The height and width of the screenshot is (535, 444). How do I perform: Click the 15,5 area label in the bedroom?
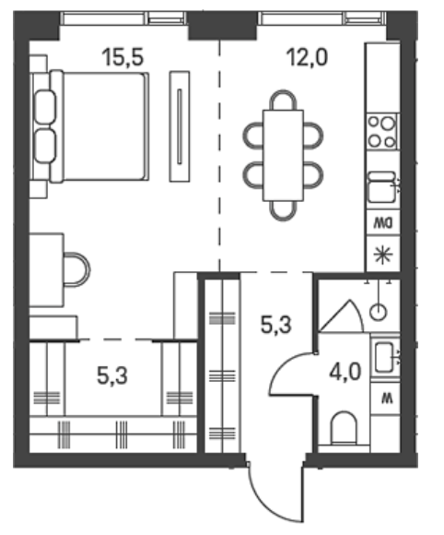tap(123, 57)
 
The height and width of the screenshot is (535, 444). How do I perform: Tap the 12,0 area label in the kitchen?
tap(308, 57)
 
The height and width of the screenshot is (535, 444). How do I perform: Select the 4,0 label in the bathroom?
tap(345, 372)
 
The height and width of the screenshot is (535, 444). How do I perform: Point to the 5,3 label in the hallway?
tap(276, 324)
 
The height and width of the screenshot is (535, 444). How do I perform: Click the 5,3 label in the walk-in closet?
tap(112, 375)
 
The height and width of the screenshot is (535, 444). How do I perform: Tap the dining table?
tap(283, 155)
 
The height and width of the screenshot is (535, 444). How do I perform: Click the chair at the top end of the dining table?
tap(283, 100)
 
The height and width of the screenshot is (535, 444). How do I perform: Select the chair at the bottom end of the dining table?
tap(283, 211)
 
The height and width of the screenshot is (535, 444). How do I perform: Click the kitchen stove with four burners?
tap(382, 131)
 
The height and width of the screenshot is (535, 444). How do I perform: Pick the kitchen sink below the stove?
tap(382, 186)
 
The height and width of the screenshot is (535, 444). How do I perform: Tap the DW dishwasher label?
tap(383, 223)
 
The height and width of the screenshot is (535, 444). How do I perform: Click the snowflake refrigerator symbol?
tap(383, 255)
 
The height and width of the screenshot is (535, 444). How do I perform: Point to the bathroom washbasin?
tap(385, 358)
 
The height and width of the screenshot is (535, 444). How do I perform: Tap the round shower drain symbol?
tap(378, 312)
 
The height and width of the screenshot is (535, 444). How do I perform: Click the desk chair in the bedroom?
tap(77, 269)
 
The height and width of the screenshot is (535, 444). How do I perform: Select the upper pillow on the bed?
tap(45, 107)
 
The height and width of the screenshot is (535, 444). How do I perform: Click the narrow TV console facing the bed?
tap(180, 126)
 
